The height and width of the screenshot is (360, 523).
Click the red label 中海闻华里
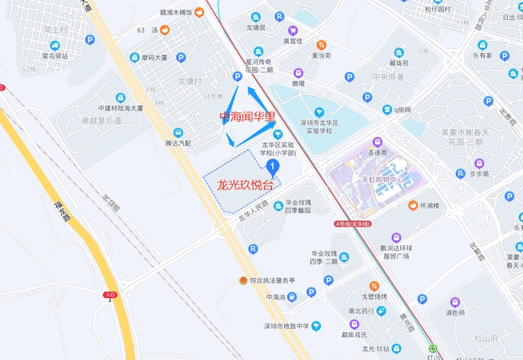(x=247, y=116)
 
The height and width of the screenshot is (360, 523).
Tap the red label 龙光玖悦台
(x=245, y=184)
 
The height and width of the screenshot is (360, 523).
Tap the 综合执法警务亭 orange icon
(x=244, y=280)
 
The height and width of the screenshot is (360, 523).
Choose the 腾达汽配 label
(x=178, y=143)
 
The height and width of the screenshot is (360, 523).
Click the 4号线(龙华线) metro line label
(x=352, y=224)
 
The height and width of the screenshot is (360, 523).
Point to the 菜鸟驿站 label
(x=55, y=55)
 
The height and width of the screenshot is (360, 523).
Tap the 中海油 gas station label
(x=276, y=297)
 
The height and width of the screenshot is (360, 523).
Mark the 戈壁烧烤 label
(x=374, y=296)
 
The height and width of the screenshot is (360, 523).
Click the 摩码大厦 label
(x=153, y=58)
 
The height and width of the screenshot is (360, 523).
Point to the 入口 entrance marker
(x=109, y=294)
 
